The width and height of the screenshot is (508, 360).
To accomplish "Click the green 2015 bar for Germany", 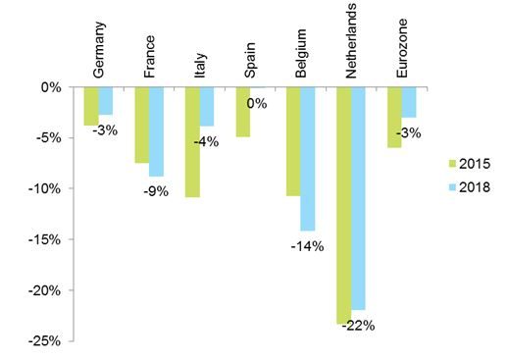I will point(91,106).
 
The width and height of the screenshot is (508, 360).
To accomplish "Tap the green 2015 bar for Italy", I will point(192,142).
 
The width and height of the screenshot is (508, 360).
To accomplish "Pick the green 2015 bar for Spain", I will point(243,112).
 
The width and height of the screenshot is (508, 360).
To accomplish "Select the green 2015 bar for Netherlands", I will point(344,205).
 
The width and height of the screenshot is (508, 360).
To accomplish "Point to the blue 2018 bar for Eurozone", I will point(409,102).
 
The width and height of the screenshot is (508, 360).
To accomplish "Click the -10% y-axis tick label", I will point(48,188).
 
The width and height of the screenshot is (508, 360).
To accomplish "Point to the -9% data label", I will point(156,191).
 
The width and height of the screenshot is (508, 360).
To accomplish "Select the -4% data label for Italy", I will point(206,140).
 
